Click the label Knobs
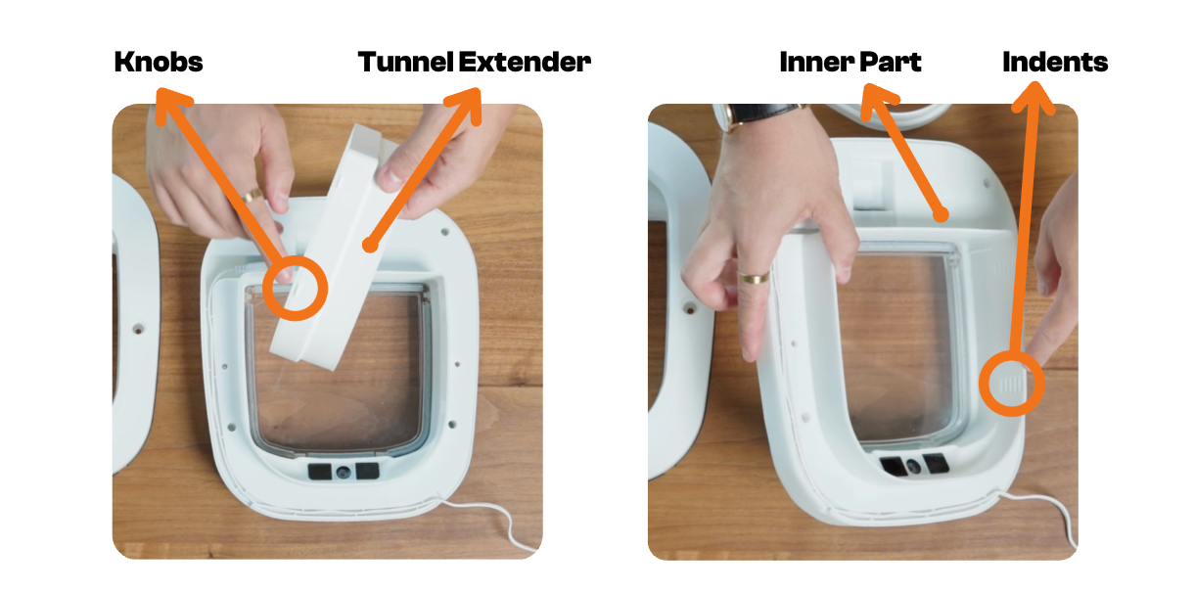[159, 62]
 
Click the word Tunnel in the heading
[406, 62]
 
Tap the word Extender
[525, 62]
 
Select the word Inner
[816, 62]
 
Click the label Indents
[1055, 62]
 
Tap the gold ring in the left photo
[253, 196]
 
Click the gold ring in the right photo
[753, 278]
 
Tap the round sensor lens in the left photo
[344, 472]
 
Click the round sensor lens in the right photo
[914, 466]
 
